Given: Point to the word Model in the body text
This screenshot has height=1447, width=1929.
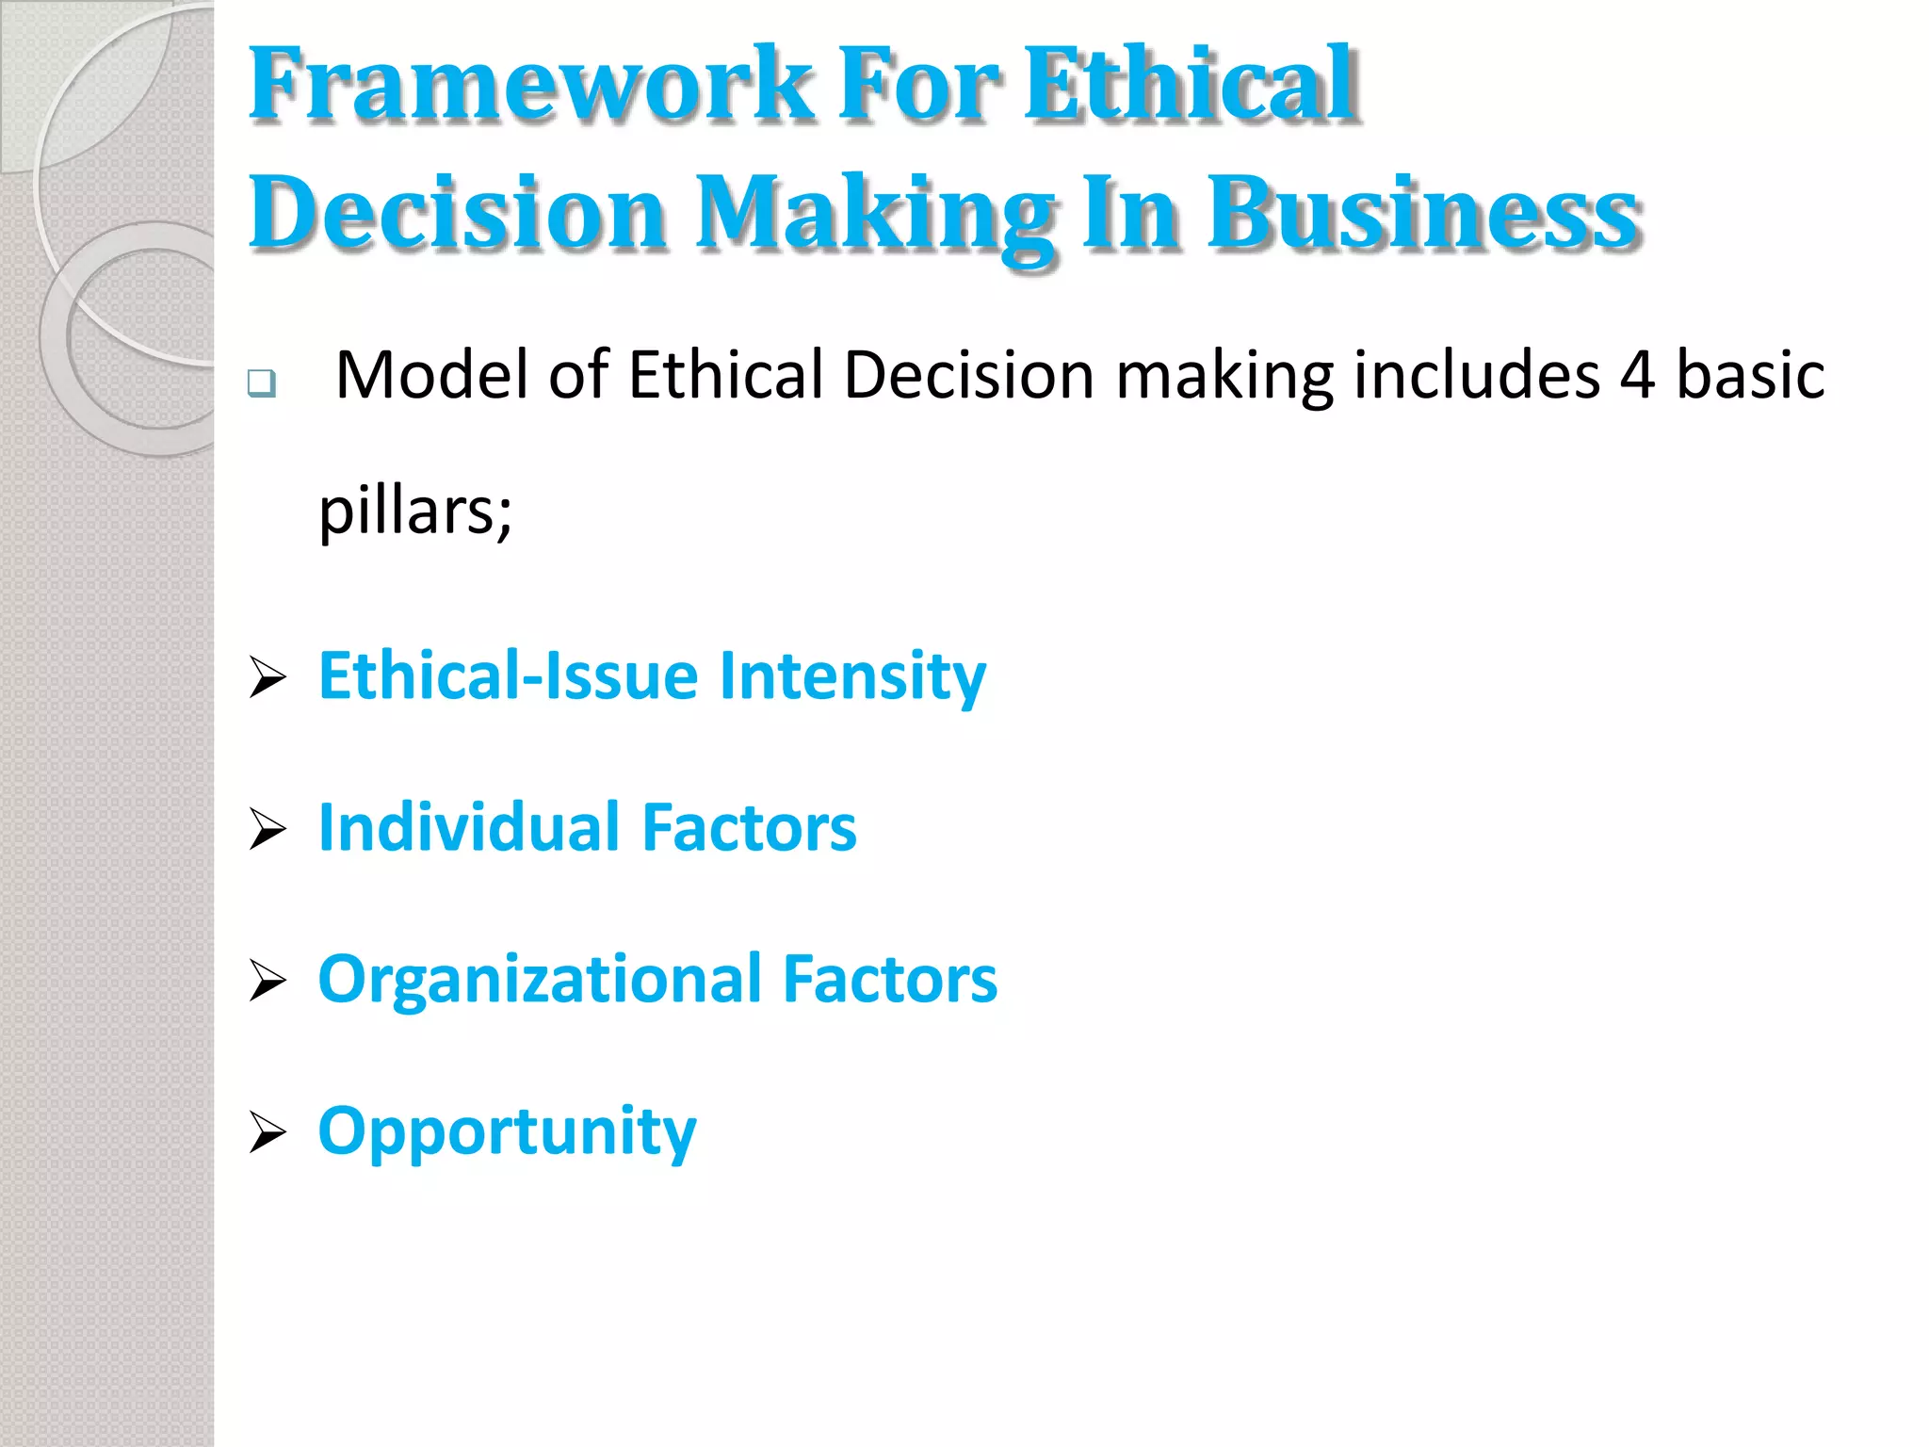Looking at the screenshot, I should point(431,375).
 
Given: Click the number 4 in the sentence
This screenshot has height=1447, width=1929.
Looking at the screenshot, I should point(1637,375).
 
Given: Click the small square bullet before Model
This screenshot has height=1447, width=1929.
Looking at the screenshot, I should point(262,383).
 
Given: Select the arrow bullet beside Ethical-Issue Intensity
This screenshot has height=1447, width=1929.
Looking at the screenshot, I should point(267,678).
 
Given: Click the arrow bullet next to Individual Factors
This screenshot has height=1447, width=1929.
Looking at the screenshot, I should point(267,830).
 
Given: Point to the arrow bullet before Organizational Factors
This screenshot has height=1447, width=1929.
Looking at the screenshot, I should point(267,981).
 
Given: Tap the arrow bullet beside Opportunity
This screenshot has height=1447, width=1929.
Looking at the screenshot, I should point(267,1132).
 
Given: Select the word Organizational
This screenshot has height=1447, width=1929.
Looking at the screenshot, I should point(539,980).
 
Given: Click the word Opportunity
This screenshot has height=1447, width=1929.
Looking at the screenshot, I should point(507,1130).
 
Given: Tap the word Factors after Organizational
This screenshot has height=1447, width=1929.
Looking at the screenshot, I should point(889,980).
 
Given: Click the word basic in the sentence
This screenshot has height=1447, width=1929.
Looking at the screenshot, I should point(1750,375).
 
